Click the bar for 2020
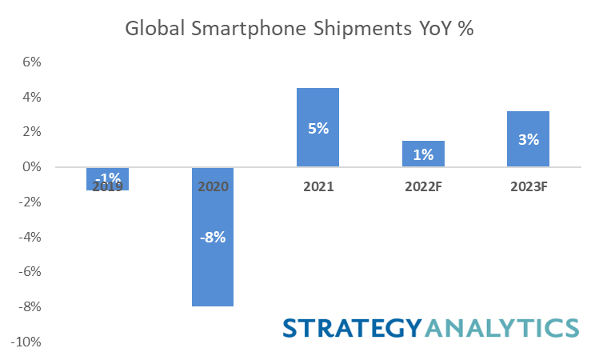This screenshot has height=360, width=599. (x=213, y=264)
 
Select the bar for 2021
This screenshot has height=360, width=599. (x=317, y=104)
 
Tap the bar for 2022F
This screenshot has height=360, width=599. (x=422, y=144)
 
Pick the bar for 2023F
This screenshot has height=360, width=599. (x=528, y=120)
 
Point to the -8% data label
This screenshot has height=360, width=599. (x=213, y=237)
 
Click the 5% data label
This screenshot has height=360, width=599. (x=317, y=127)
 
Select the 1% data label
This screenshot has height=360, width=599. (x=422, y=154)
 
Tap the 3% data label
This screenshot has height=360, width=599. (x=528, y=139)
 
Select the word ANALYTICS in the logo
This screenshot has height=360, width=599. (x=501, y=328)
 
